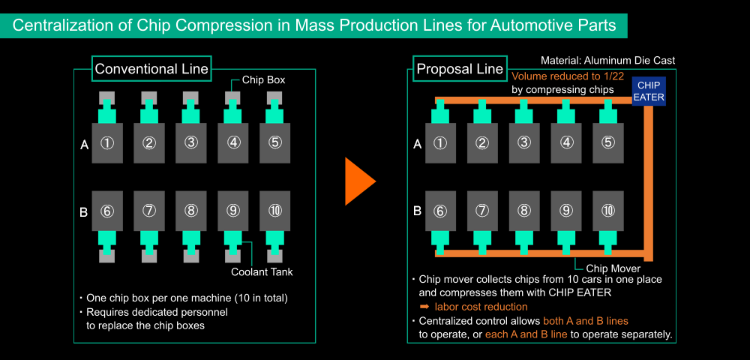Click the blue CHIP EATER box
coord(649,91)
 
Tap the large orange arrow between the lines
coord(358,181)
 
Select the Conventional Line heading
coord(151,69)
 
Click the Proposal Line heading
coord(460,69)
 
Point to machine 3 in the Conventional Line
coord(191,143)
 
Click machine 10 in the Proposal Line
coord(608,210)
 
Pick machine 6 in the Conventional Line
coord(107,211)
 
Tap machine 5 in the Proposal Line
coord(608,143)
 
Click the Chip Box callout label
coord(263,79)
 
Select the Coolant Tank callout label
coord(262,272)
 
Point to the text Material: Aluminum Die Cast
coord(608,61)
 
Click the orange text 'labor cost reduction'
coord(481,307)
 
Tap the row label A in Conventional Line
coord(84,145)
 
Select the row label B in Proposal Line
coord(417,211)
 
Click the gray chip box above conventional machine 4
coord(233,99)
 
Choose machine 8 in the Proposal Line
coord(524,210)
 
